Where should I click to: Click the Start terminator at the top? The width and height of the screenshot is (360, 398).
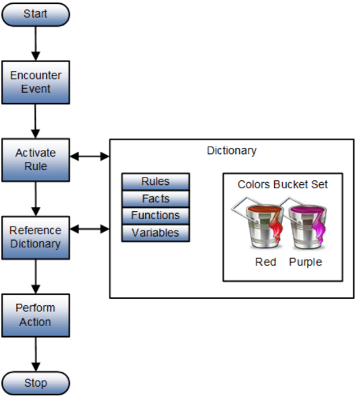[x=36, y=14]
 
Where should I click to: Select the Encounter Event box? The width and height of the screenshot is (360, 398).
[x=36, y=82]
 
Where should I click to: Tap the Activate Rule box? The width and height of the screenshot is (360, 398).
[x=36, y=160]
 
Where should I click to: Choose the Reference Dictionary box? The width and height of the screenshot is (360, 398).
[x=36, y=237]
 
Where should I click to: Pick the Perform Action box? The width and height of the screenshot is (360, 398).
[x=36, y=315]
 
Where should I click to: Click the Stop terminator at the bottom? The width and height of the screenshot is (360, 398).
[x=36, y=383]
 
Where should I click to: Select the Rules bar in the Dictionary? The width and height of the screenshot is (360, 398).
[x=155, y=182]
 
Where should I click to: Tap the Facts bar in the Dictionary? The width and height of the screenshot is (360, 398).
[x=155, y=198]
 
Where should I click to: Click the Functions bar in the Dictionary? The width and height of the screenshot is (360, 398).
[x=155, y=216]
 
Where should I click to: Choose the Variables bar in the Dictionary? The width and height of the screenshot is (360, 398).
[x=155, y=233]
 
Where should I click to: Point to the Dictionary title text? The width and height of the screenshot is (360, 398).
[x=231, y=151]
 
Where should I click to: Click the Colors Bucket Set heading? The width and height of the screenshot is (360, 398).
[x=283, y=184]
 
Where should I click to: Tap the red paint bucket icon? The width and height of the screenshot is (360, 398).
[x=263, y=226]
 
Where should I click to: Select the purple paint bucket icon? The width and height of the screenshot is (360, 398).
[x=306, y=226]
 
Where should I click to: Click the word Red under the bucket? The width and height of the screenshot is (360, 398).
[x=265, y=262]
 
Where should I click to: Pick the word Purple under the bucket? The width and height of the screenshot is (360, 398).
[x=306, y=262]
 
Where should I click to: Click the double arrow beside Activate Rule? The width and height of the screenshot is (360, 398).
[x=89, y=157]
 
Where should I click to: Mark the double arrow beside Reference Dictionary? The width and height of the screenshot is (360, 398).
[x=89, y=229]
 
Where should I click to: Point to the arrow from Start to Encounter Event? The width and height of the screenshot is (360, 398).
[x=36, y=43]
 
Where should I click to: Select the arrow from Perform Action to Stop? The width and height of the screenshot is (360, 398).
[x=36, y=354]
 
